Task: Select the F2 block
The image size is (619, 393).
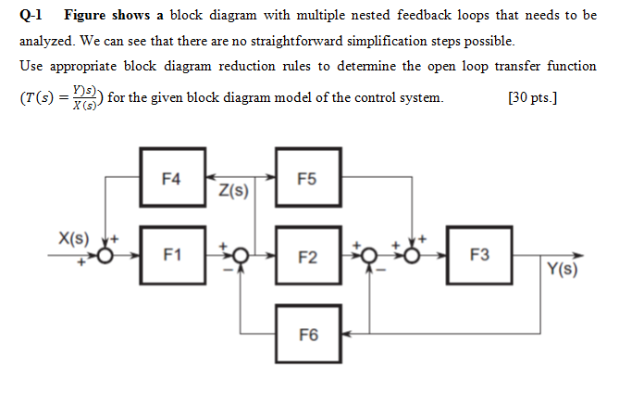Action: [309, 254]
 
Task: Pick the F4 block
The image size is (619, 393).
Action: [172, 175]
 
